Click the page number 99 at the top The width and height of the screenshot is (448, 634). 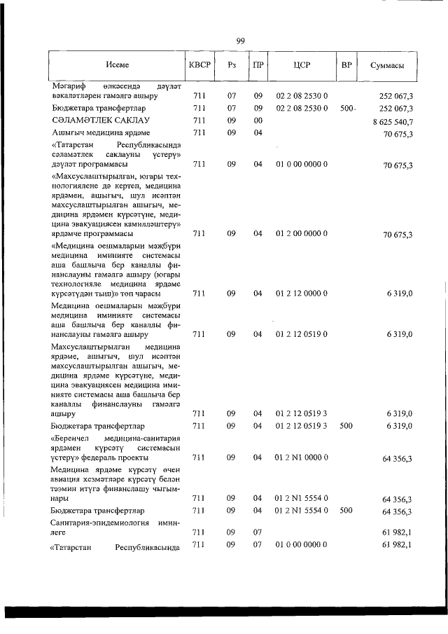240,41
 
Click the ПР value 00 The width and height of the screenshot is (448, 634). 258,120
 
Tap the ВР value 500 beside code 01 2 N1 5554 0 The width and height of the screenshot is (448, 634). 346,511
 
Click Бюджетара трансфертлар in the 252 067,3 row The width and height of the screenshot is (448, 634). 98,109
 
